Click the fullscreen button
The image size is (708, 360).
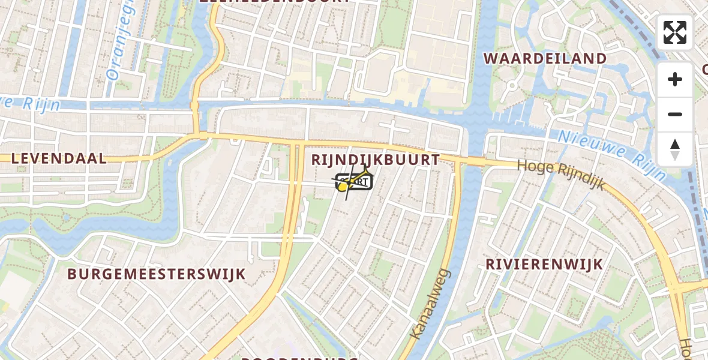(x=675, y=32)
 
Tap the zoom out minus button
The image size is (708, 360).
(x=675, y=115)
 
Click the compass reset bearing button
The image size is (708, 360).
(x=675, y=149)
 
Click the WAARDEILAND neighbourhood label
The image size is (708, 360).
(x=545, y=59)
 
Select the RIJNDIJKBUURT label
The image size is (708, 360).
(x=376, y=160)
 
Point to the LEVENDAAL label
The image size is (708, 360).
(x=59, y=158)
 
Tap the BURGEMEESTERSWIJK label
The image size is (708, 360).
(x=157, y=274)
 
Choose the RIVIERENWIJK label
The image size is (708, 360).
(x=544, y=265)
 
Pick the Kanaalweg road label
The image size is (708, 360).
(x=430, y=305)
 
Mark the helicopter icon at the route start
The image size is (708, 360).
(x=359, y=179)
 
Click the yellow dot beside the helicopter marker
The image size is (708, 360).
(x=343, y=188)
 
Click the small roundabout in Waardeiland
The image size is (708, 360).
(x=511, y=85)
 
